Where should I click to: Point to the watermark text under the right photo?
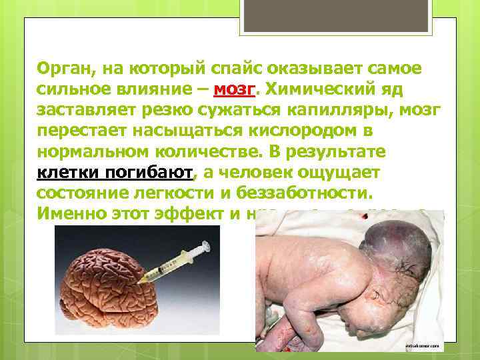(x=423, y=346)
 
